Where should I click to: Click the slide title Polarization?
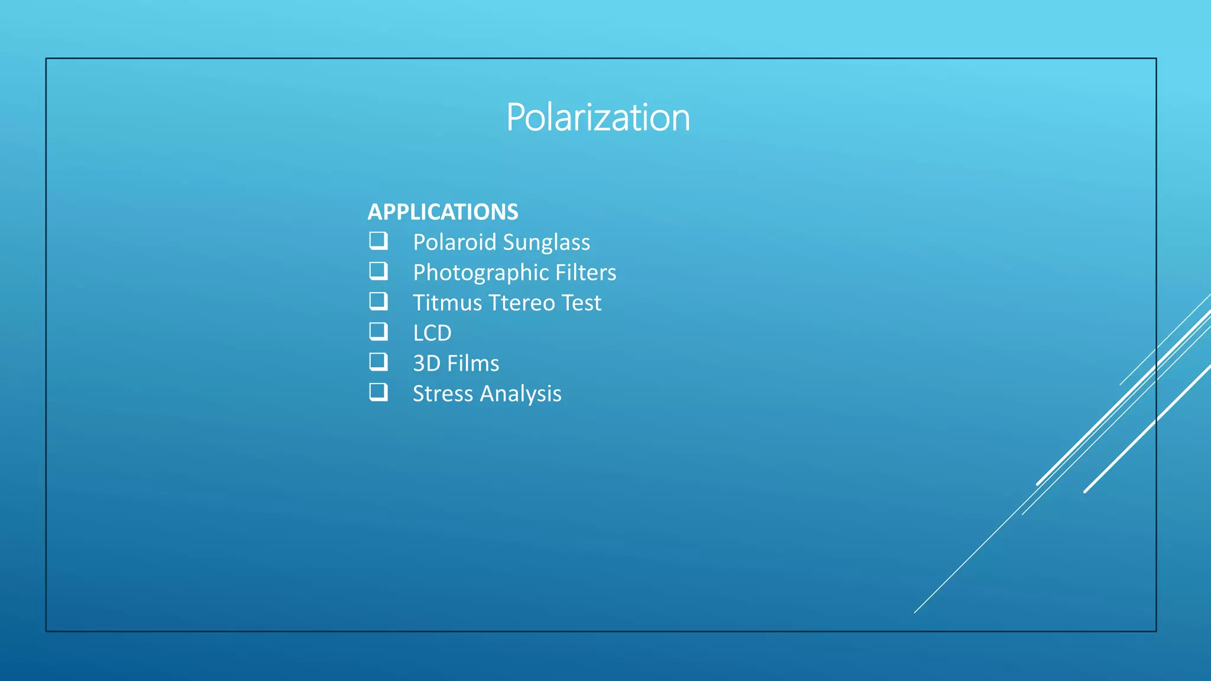pos(598,117)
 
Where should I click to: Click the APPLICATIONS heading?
pos(442,212)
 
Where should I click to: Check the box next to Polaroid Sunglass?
pos(378,241)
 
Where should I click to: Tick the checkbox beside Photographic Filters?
pos(378,271)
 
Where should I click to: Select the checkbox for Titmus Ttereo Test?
pos(378,301)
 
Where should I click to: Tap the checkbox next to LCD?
pos(378,332)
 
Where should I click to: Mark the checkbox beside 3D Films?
pos(378,362)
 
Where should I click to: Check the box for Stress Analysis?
pos(378,392)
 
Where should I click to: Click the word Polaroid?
pos(454,242)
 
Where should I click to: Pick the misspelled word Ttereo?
pos(522,303)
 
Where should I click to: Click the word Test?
pos(581,303)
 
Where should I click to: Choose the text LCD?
pos(432,333)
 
